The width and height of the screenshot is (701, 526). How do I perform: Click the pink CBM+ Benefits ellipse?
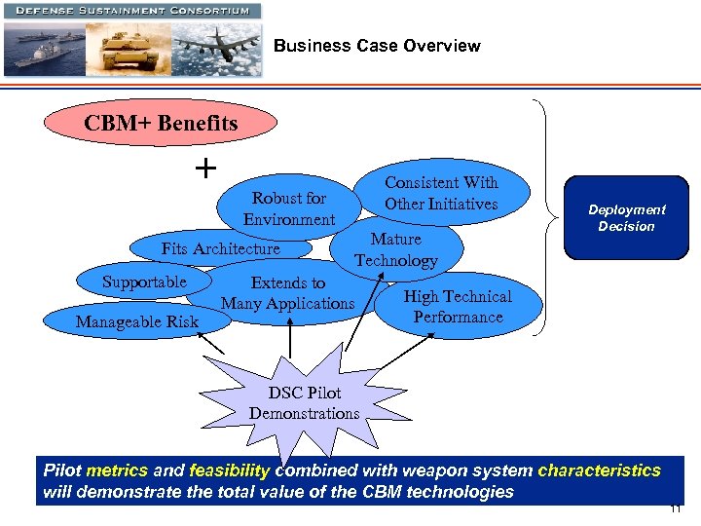(x=161, y=125)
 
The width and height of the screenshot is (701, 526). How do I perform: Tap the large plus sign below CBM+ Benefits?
(x=205, y=169)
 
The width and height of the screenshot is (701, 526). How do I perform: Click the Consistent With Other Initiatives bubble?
(x=441, y=193)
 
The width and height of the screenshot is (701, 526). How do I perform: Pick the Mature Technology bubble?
(x=395, y=250)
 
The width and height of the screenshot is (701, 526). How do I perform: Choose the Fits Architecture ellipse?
(x=221, y=248)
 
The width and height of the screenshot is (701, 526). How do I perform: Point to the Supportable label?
(x=144, y=282)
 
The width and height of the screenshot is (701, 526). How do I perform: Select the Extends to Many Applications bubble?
(x=288, y=293)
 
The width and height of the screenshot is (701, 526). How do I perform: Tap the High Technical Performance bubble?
(x=458, y=307)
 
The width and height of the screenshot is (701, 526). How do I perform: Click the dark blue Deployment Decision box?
(x=626, y=218)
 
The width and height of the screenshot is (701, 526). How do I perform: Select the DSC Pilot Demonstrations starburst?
(x=304, y=403)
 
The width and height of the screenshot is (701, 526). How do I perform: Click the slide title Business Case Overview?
(x=377, y=46)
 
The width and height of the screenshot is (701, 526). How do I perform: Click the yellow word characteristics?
(x=599, y=470)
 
